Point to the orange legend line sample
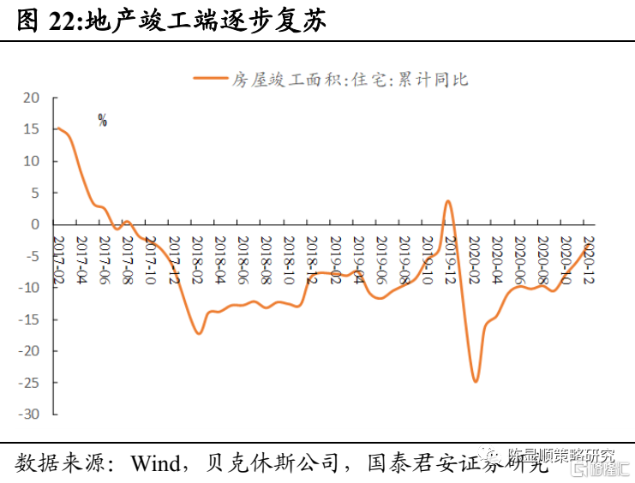[210, 80]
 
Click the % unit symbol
[102, 121]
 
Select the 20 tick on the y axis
[32, 98]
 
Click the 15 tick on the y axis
[32, 129]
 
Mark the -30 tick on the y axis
[29, 414]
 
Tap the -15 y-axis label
[29, 319]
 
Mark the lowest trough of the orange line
[476, 381]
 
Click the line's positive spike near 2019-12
[448, 201]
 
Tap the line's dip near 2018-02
[199, 333]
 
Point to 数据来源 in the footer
[57, 463]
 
